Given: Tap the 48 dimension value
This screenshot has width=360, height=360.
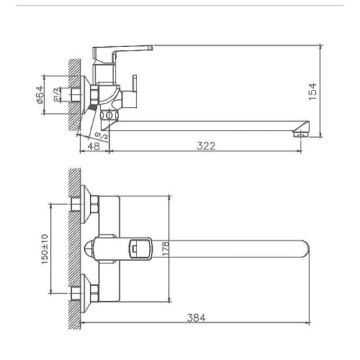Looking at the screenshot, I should [93, 145].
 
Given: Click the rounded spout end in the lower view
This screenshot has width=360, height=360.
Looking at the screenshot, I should [304, 250].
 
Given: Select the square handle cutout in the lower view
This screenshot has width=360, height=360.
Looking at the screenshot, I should [135, 250].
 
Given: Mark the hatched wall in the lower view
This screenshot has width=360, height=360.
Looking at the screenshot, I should [71, 248].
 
